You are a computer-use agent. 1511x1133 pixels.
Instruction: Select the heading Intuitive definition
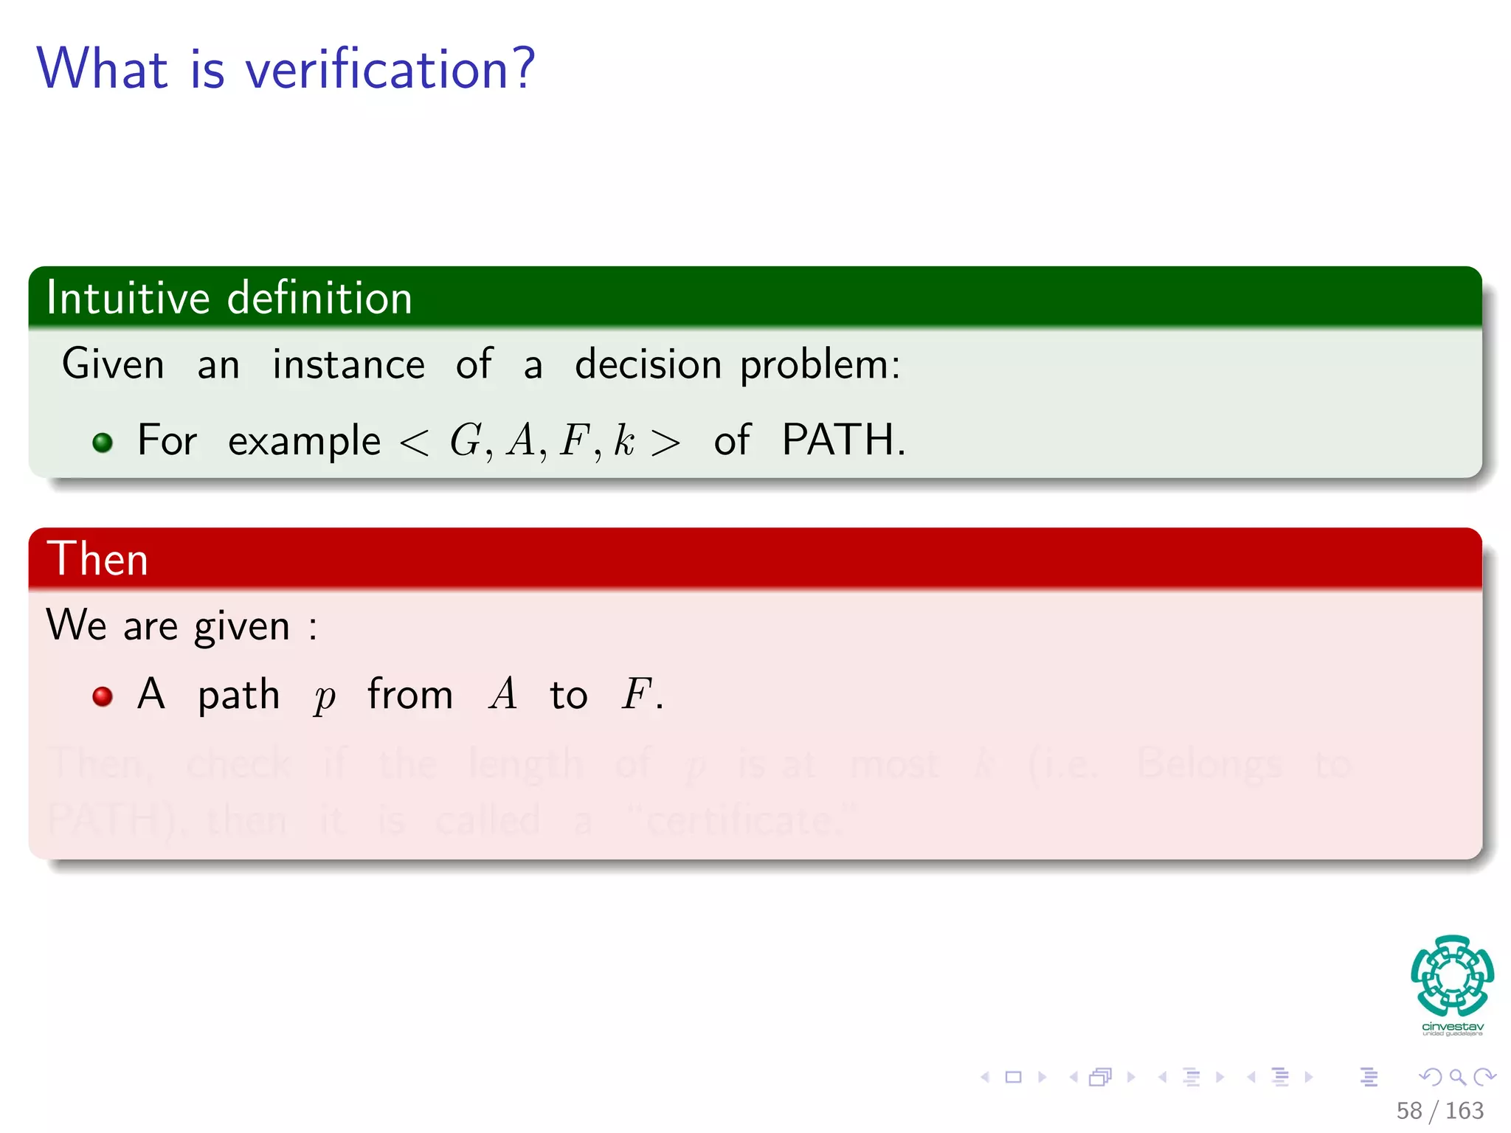click(x=229, y=298)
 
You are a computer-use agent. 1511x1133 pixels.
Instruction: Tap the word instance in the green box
click(x=348, y=364)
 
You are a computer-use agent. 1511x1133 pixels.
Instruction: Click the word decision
click(x=648, y=364)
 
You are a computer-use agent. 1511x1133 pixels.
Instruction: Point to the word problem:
click(x=820, y=366)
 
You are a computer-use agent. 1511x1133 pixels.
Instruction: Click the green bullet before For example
click(x=103, y=443)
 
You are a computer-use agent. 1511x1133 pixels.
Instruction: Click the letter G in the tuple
click(x=466, y=440)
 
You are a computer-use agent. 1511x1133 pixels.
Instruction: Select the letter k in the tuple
click(x=623, y=440)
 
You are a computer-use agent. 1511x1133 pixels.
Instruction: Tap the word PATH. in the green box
click(x=843, y=440)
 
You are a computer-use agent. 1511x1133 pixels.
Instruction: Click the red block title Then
click(x=97, y=558)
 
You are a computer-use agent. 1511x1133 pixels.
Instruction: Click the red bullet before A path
click(x=103, y=696)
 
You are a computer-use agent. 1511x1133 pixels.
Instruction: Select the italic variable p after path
click(x=324, y=697)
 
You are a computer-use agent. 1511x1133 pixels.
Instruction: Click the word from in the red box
click(x=410, y=694)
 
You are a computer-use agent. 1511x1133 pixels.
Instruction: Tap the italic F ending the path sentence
click(x=635, y=694)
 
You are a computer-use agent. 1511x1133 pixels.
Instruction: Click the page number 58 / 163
click(x=1439, y=1110)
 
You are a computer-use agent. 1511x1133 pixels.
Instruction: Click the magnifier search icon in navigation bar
click(x=1456, y=1077)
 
